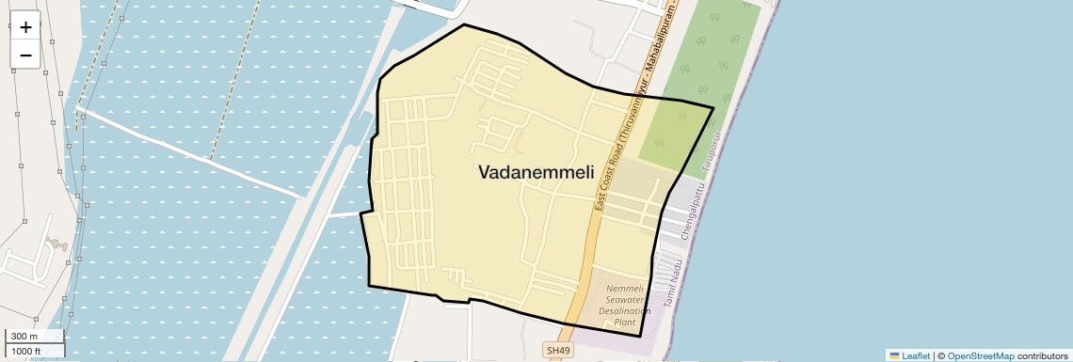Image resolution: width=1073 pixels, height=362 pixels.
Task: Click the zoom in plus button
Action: click(25, 27)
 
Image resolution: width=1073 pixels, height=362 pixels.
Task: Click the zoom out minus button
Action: click(25, 55)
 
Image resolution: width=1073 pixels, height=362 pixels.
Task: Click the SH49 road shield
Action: click(557, 351)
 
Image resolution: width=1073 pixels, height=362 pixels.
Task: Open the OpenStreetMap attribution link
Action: click(981, 355)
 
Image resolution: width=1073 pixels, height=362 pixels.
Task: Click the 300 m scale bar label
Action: click(24, 337)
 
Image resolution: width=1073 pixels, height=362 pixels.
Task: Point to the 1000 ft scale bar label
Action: click(26, 351)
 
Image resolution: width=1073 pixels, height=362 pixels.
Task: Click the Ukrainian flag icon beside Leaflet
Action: click(894, 355)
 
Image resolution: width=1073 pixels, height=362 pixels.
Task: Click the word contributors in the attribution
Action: click(1042, 355)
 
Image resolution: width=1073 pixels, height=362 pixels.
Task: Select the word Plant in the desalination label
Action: click(625, 323)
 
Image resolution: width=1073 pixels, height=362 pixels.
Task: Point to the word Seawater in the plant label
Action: click(627, 299)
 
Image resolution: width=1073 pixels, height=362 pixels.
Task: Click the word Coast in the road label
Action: click(608, 184)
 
